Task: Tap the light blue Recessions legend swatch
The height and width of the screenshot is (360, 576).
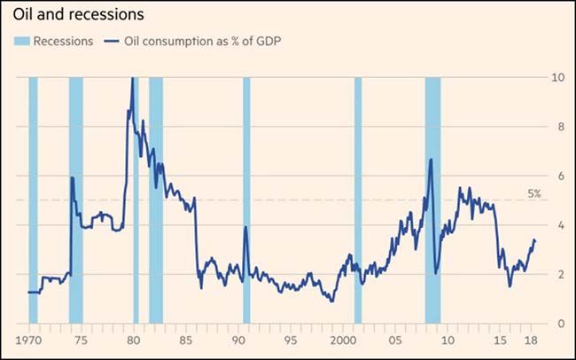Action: [20, 42]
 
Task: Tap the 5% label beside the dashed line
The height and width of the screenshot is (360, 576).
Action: [534, 192]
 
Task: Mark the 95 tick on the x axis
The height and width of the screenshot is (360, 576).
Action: [290, 341]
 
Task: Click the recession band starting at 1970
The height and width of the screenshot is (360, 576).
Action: [33, 200]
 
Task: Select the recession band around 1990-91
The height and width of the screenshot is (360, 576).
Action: [246, 200]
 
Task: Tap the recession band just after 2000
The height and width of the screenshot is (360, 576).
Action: [358, 200]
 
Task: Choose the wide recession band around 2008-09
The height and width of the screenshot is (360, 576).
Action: [432, 200]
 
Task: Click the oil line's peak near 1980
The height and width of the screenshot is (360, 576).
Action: [132, 79]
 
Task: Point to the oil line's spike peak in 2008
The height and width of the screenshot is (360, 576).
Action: [430, 160]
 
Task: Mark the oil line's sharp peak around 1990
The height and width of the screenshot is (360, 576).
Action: [245, 227]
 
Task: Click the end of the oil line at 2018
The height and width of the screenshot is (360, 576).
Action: [534, 241]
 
